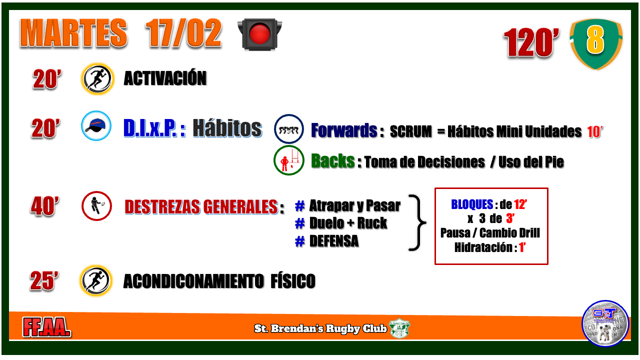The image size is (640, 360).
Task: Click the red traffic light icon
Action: [259, 34]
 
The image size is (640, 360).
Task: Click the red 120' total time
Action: [531, 43]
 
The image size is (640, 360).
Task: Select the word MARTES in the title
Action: [73, 33]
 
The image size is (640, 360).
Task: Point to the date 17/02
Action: [183, 33]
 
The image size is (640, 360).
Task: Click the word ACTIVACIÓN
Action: [165, 78]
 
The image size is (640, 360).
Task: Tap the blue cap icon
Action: [96, 125]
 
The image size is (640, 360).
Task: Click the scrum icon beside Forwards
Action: [288, 129]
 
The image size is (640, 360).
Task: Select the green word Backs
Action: [332, 161]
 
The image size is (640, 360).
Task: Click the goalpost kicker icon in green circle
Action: [288, 160]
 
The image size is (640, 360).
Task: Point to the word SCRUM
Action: [411, 131]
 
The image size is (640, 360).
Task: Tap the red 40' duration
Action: [45, 205]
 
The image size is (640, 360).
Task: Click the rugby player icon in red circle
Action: [96, 206]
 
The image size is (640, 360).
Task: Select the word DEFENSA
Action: [333, 241]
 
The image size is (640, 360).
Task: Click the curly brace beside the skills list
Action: [417, 222]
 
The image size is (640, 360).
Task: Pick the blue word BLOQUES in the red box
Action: [472, 204]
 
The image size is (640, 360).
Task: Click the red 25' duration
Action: [44, 281]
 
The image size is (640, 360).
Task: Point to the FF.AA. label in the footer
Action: [47, 327]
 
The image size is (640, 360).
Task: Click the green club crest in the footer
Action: [399, 328]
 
